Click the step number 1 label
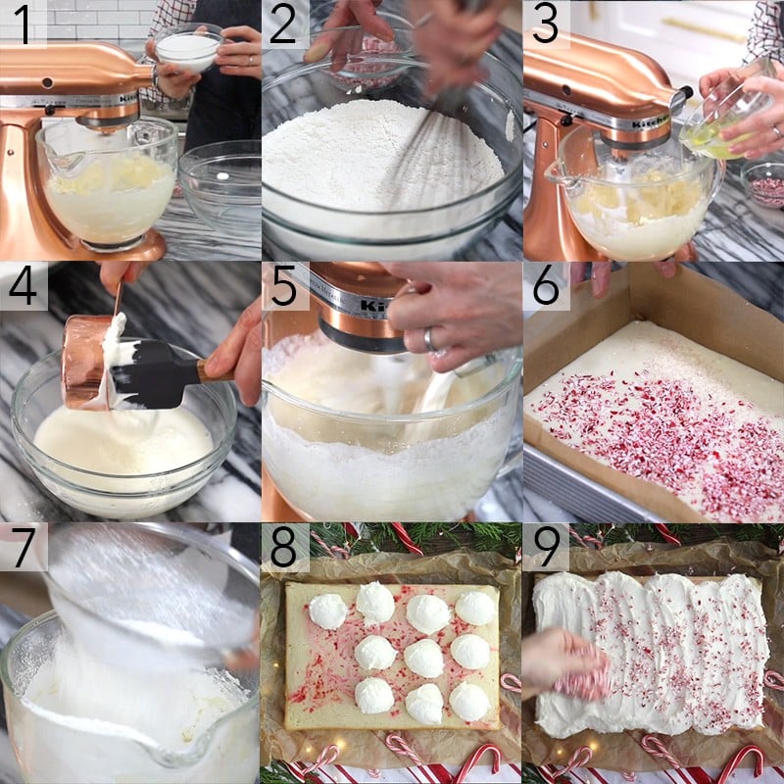(x=23, y=24)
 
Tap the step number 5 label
(x=284, y=286)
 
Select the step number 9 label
(x=546, y=547)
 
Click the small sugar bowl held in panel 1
(x=188, y=49)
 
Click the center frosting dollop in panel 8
(x=423, y=657)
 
